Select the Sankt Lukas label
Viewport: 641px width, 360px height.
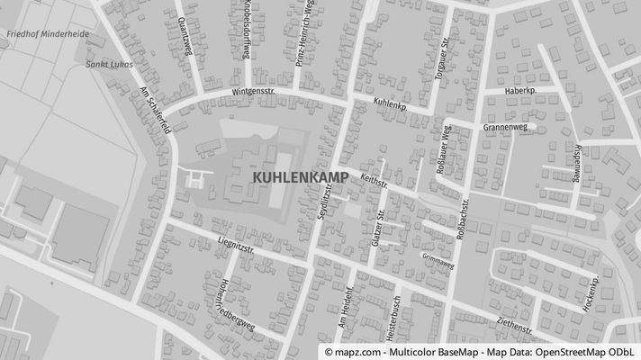click(x=104, y=64)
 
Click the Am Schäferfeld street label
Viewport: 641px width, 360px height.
click(x=155, y=111)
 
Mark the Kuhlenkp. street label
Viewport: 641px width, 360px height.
click(x=390, y=104)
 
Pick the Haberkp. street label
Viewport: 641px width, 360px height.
click(x=519, y=91)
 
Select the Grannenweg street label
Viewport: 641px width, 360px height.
click(x=504, y=128)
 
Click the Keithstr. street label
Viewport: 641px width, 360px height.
click(x=374, y=183)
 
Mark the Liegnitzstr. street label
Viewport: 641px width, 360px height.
click(x=236, y=244)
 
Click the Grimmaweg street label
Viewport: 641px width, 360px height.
click(x=438, y=261)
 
